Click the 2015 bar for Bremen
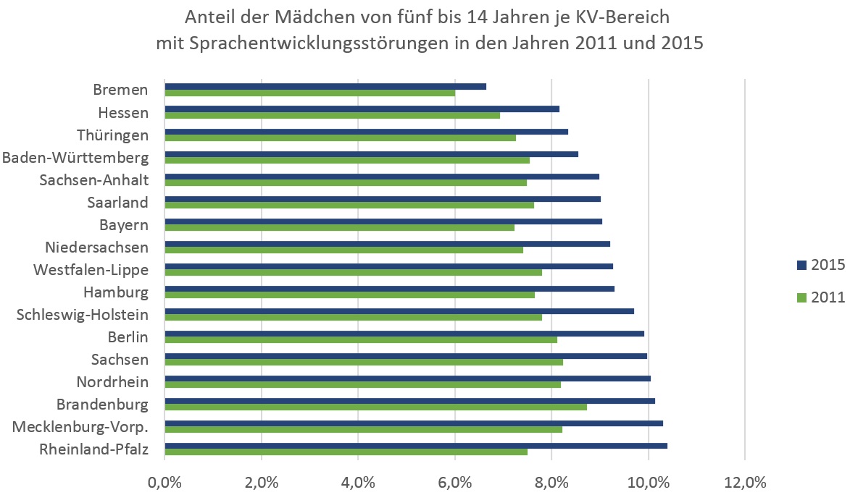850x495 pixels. coord(325,86)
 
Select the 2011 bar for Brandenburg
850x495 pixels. coord(375,407)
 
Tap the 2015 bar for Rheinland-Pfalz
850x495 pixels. coord(416,446)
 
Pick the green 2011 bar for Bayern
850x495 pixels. coord(339,227)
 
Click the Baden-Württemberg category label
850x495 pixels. coord(75,158)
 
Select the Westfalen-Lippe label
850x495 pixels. coord(91,270)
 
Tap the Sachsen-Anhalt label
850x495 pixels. coord(93,180)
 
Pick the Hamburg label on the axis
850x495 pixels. coord(116,292)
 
